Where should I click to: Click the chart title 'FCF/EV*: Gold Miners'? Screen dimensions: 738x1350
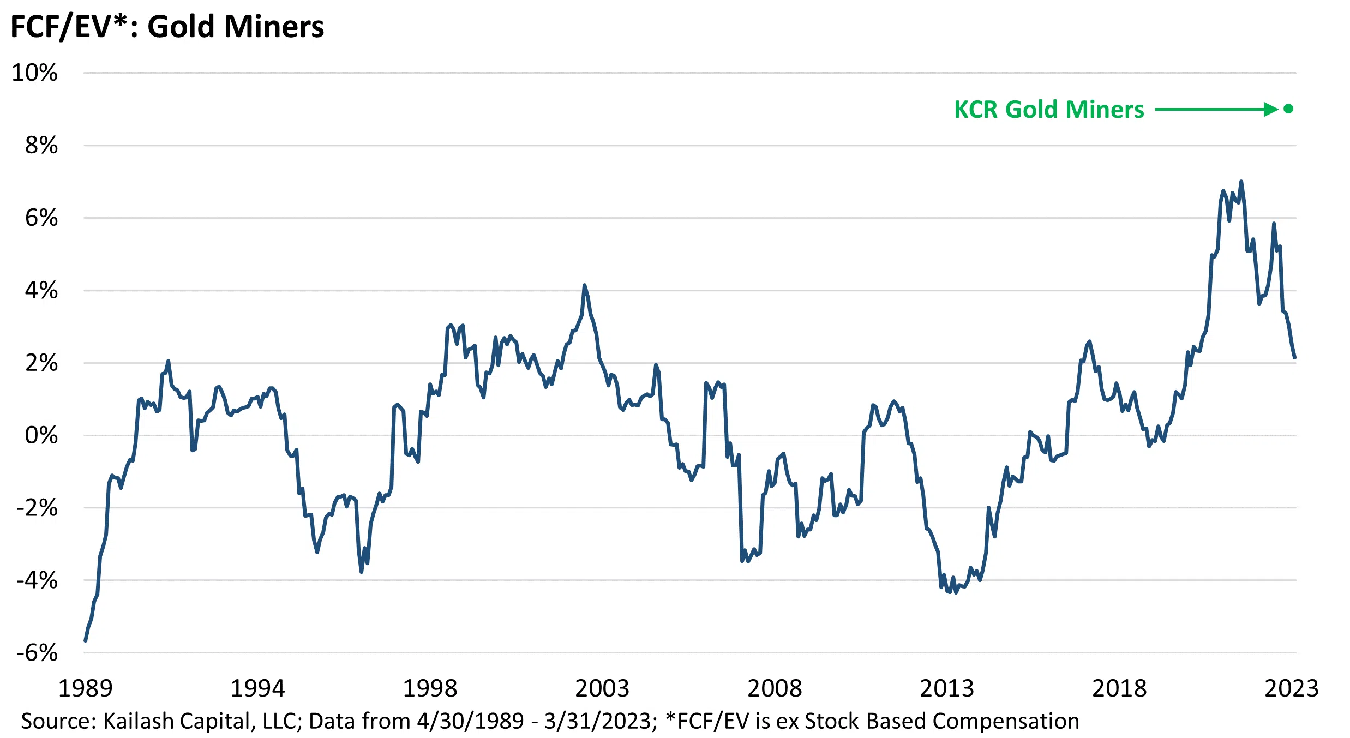point(167,26)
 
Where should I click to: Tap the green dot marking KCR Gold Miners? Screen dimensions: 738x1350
point(1288,109)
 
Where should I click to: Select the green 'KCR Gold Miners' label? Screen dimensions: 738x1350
point(1048,110)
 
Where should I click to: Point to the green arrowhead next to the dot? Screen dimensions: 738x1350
point(1271,110)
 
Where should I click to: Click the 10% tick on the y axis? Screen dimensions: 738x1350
point(34,73)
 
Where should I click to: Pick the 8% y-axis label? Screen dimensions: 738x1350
point(41,145)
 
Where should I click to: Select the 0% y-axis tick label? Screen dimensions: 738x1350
point(41,435)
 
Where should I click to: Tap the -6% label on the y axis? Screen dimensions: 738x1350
point(37,652)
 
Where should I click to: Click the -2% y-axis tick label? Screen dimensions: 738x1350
point(37,508)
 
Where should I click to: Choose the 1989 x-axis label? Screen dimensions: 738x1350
point(85,688)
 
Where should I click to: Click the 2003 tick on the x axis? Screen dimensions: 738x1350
point(602,688)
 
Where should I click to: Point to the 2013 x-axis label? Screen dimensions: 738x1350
point(947,688)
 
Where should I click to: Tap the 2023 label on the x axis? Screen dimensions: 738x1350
point(1291,688)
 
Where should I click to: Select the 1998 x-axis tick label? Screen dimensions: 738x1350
point(430,688)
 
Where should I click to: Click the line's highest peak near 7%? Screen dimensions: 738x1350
point(1241,182)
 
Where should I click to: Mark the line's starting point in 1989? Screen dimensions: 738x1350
point(86,640)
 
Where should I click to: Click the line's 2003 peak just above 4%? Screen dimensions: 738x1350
point(584,285)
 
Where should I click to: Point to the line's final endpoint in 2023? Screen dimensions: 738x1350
point(1294,358)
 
